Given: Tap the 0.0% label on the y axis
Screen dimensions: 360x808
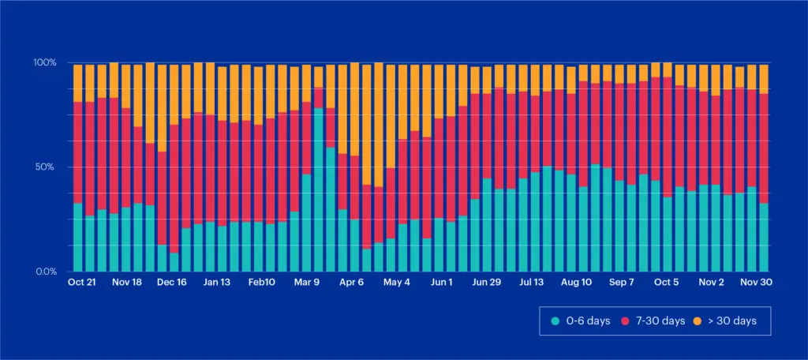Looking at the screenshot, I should click(x=47, y=272).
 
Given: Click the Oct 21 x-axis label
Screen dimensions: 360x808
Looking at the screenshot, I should click(x=82, y=282).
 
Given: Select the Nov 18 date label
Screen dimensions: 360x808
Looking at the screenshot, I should click(x=126, y=282).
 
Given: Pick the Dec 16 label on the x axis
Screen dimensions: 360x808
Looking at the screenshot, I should click(x=171, y=282).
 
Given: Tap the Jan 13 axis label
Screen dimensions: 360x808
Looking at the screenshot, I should click(x=216, y=282).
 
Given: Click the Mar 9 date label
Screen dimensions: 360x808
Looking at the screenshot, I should click(x=307, y=282).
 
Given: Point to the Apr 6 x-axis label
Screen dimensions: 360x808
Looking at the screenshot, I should click(x=351, y=282).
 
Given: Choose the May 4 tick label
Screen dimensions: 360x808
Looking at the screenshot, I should click(x=396, y=282).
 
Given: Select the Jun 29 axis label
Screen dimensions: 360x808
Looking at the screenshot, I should click(x=486, y=282).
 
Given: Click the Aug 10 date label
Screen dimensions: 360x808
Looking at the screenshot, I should click(x=576, y=282).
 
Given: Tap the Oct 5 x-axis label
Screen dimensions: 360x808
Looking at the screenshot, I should click(x=667, y=282).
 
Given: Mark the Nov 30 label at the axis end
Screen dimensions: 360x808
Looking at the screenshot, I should click(x=755, y=282).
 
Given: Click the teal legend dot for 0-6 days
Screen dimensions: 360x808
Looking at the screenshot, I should click(x=555, y=321).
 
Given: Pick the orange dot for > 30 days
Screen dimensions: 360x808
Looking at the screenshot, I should click(x=696, y=321).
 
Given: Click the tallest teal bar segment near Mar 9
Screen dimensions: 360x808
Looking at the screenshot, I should click(x=318, y=189).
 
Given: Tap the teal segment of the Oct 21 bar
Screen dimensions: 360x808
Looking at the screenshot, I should click(x=77, y=237).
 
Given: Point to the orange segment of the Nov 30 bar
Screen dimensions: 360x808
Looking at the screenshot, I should click(x=763, y=79).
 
